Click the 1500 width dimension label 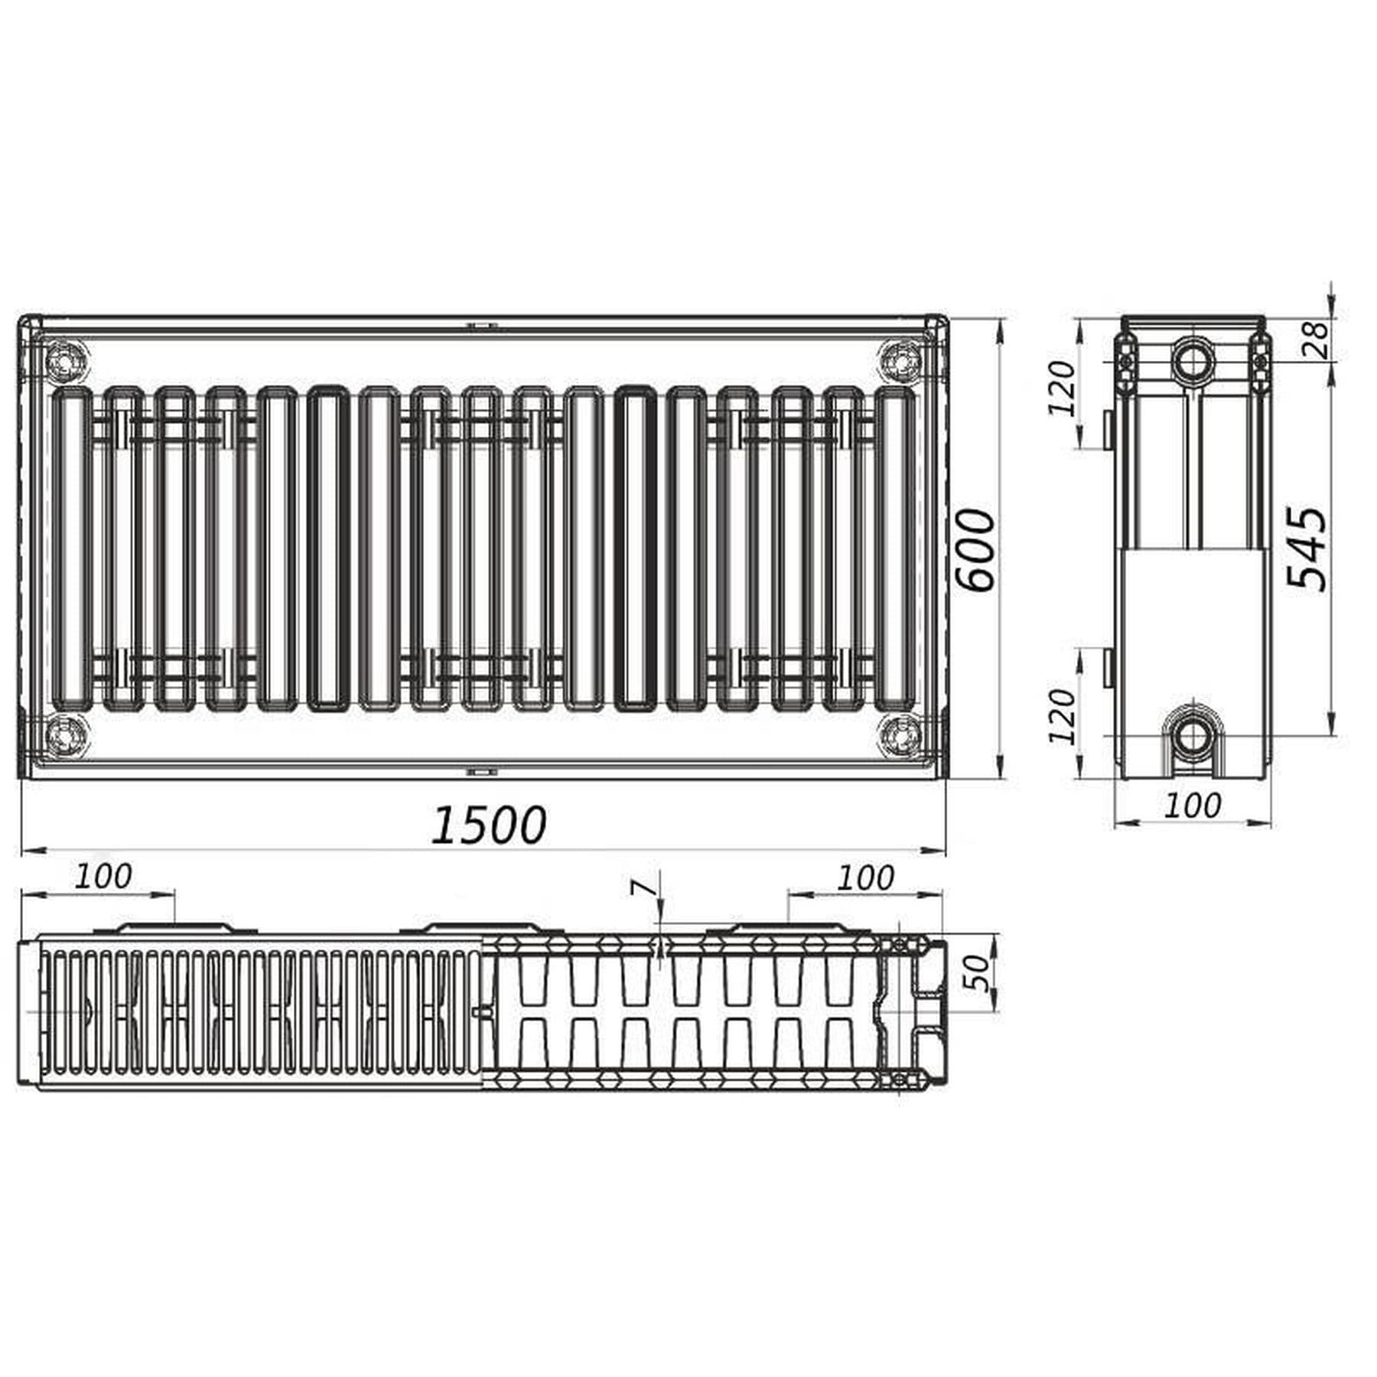coord(489,825)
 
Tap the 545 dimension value coord(1307,547)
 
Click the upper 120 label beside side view coord(1061,388)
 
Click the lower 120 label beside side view coord(1061,716)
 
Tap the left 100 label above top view coord(103,877)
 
